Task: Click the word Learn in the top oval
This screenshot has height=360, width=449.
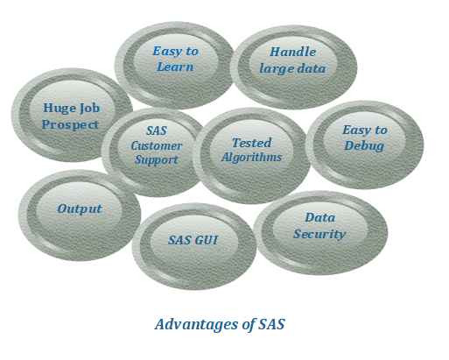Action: click(x=175, y=67)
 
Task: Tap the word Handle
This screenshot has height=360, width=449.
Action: click(x=293, y=52)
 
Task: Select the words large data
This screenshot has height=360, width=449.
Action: click(x=292, y=69)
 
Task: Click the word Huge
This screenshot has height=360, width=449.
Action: click(x=60, y=109)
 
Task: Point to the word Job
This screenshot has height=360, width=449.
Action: click(x=90, y=109)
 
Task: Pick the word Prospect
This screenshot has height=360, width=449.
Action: click(x=70, y=125)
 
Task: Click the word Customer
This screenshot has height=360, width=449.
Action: click(x=157, y=145)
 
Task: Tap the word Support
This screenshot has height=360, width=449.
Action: click(x=157, y=160)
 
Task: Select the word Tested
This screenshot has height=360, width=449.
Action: click(x=252, y=143)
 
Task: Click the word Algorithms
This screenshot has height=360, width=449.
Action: click(x=251, y=158)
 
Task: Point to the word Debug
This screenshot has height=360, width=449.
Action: click(x=364, y=145)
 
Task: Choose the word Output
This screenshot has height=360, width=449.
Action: click(x=80, y=208)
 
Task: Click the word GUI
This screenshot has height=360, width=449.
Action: click(x=206, y=240)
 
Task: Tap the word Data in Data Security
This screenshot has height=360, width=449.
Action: click(x=320, y=217)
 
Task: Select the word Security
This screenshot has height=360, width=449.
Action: click(x=319, y=234)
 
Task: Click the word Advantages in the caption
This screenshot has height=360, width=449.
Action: click(x=196, y=324)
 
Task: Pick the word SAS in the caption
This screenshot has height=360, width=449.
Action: click(x=271, y=324)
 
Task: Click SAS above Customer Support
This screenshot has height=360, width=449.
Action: click(x=157, y=131)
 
